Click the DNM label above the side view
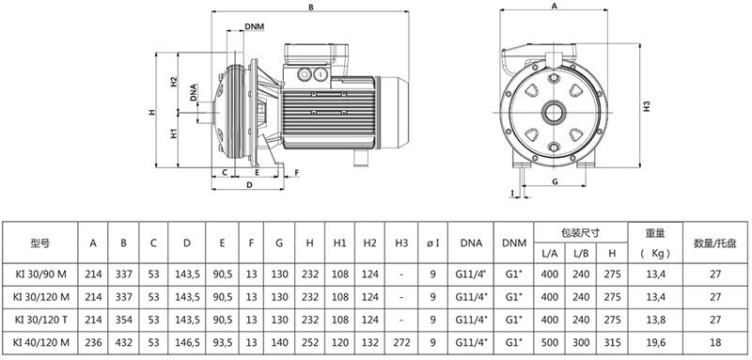click(x=254, y=26)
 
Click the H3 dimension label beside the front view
click(x=647, y=106)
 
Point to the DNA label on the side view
click(x=193, y=92)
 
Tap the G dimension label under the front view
click(x=555, y=181)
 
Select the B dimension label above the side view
click(x=311, y=8)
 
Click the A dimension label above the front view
click(x=555, y=7)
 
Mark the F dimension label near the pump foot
click(x=296, y=172)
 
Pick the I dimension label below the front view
click(x=512, y=194)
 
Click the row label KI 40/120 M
click(x=41, y=342)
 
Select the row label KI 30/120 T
click(x=41, y=320)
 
